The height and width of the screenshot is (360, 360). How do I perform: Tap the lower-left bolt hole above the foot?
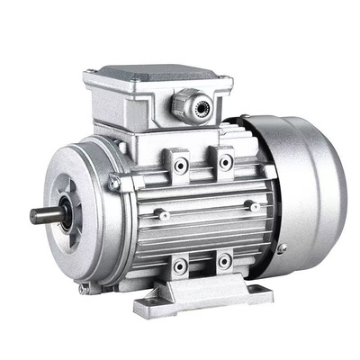pos(181,265)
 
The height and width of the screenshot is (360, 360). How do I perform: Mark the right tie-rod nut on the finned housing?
pos(255,207)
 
